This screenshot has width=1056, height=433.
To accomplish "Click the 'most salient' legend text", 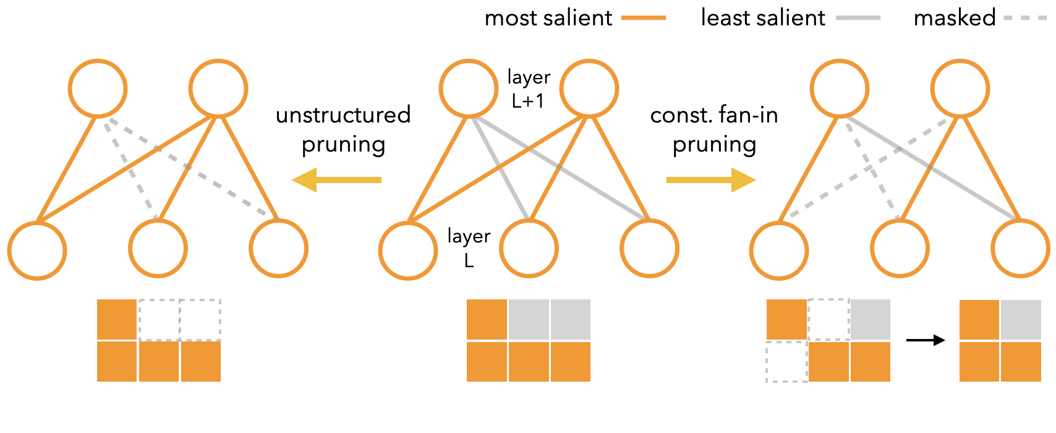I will [x=548, y=19].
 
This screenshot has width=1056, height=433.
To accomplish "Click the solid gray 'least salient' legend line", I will [x=858, y=19].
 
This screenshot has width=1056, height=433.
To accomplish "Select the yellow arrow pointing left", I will [x=336, y=180].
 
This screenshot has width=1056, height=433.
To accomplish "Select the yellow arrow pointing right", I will [x=711, y=180].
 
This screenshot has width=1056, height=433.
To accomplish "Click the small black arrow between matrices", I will [x=925, y=340].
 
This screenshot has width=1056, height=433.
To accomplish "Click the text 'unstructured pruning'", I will [x=343, y=129].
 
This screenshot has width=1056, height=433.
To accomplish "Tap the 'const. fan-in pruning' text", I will [x=714, y=129].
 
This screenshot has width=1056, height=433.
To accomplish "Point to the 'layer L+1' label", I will [x=528, y=88].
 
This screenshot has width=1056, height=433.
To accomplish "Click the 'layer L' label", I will [x=469, y=247].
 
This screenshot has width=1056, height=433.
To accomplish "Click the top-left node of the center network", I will [x=469, y=88].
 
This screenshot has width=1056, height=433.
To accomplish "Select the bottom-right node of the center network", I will [x=649, y=249].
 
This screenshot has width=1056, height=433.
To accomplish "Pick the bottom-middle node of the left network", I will [x=158, y=249].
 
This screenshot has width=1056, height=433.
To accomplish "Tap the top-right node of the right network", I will [x=960, y=88].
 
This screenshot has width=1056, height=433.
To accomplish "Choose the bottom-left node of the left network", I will [x=37, y=251].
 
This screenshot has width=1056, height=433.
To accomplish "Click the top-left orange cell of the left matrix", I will [x=117, y=319].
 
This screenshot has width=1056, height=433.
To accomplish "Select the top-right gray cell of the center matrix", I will [x=570, y=319].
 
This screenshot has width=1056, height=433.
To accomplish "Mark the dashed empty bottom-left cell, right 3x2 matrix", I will [x=786, y=361].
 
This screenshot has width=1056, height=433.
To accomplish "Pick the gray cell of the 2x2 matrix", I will [x=1021, y=319].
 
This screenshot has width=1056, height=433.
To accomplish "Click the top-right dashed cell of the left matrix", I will [x=200, y=319].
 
